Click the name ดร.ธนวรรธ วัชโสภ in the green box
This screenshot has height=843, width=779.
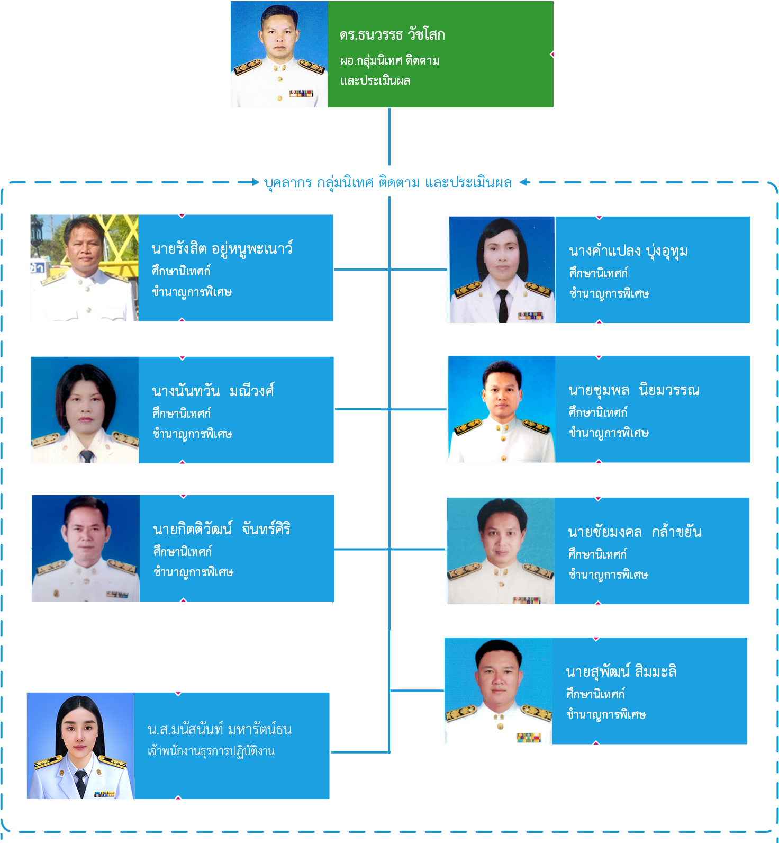click(392, 35)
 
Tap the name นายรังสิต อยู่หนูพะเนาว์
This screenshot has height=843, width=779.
click(222, 249)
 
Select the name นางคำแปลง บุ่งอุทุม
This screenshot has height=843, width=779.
click(628, 251)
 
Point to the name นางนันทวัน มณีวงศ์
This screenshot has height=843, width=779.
click(213, 391)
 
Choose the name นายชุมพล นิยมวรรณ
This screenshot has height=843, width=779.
click(633, 391)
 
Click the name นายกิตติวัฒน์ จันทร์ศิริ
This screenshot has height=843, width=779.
click(222, 529)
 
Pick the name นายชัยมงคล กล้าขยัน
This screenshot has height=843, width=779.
click(635, 532)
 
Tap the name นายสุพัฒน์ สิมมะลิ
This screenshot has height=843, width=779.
click(621, 672)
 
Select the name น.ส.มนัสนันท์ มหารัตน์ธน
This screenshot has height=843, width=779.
click(220, 730)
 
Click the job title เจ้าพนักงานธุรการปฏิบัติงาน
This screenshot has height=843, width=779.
click(211, 751)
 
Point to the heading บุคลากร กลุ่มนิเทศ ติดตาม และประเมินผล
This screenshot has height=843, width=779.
click(388, 183)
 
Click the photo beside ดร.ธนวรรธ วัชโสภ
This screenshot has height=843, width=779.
click(279, 55)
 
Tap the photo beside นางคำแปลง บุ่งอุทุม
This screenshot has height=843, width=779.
click(502, 270)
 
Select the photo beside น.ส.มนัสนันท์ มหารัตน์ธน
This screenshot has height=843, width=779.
click(80, 746)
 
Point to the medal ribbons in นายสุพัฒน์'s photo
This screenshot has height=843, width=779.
click(528, 737)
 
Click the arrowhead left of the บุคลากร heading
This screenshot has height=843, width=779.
click(256, 182)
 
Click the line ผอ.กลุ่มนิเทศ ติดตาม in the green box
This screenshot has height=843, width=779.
click(389, 61)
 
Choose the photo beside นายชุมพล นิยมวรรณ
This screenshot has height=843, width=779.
click(501, 409)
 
